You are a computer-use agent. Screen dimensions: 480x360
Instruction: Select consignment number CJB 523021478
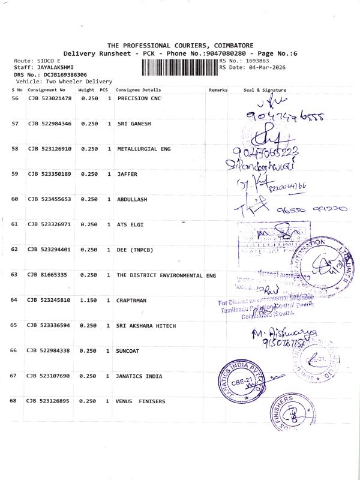(50, 98)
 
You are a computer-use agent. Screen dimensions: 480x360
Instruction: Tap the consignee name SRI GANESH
(134, 124)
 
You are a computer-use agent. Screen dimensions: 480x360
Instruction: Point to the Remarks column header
(218, 90)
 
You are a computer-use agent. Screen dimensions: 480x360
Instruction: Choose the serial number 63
(15, 274)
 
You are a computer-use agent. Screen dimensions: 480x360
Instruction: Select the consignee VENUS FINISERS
(140, 401)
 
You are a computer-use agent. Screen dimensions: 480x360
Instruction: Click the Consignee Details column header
(139, 90)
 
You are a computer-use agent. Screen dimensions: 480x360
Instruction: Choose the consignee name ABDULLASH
(133, 199)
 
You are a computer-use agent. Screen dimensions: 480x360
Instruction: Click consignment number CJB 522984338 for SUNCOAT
(50, 350)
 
